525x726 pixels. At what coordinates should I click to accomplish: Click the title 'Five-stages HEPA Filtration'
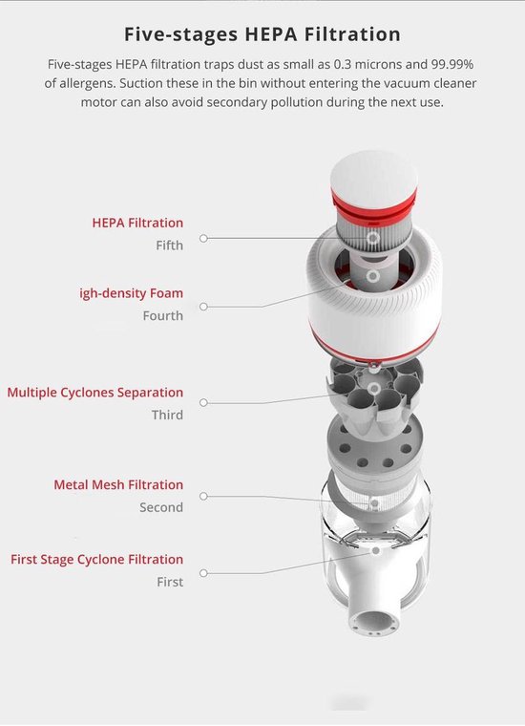(262, 34)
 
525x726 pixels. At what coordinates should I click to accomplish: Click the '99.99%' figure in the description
(451, 64)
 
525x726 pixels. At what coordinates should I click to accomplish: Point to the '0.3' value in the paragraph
(344, 64)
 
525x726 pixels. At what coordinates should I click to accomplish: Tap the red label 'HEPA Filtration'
(137, 223)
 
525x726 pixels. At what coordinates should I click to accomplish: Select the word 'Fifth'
(169, 245)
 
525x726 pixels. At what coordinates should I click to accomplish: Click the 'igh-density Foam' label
(132, 293)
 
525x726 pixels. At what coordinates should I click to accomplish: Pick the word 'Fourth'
(163, 316)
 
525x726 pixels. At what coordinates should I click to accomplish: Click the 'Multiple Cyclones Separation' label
(95, 393)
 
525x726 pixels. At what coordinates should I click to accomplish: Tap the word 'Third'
(167, 415)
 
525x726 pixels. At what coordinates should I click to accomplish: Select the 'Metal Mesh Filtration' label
(118, 484)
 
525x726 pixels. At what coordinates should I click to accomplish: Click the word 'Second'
(161, 507)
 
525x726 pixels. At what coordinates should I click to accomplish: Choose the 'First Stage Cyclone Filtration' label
(97, 560)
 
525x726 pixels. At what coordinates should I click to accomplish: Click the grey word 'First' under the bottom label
(170, 582)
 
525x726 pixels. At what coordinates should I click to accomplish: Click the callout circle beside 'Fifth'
(203, 238)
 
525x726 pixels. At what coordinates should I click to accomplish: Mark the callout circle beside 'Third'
(203, 403)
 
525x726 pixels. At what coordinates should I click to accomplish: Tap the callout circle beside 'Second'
(203, 496)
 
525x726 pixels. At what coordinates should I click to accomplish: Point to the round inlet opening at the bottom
(374, 622)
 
